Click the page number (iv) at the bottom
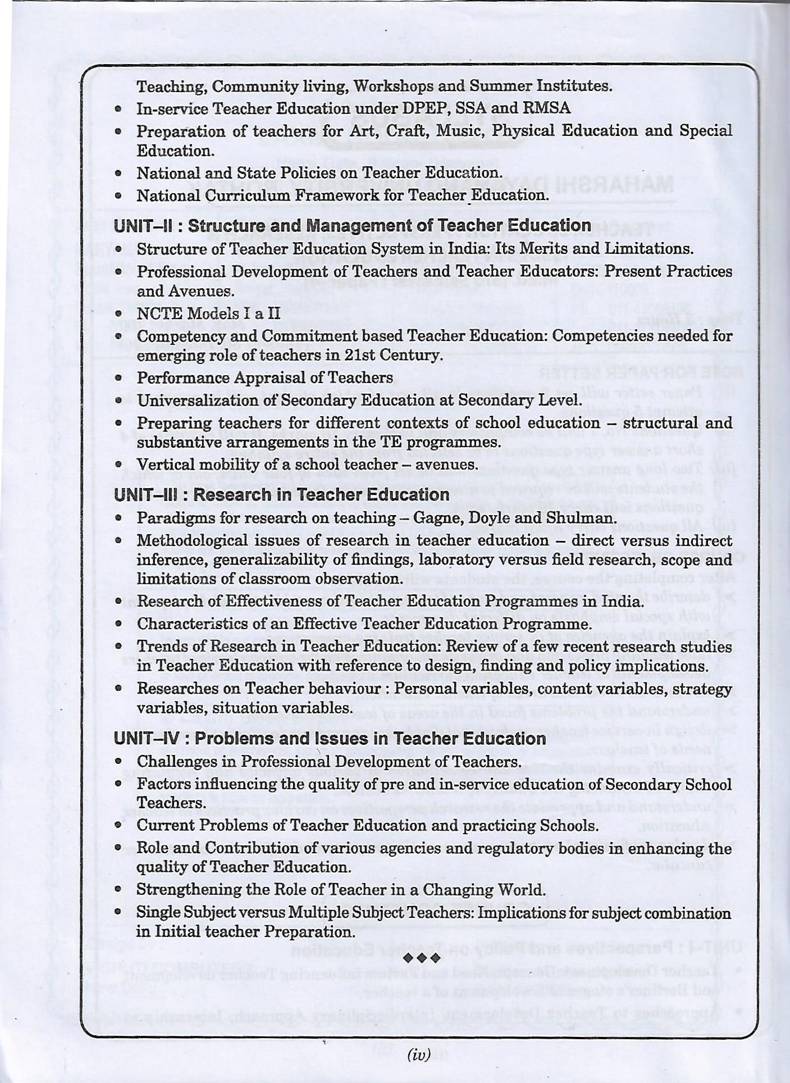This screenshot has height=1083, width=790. tap(418, 1055)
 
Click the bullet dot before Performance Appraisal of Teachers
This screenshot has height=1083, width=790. tap(118, 378)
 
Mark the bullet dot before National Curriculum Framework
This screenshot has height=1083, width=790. tap(118, 196)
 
